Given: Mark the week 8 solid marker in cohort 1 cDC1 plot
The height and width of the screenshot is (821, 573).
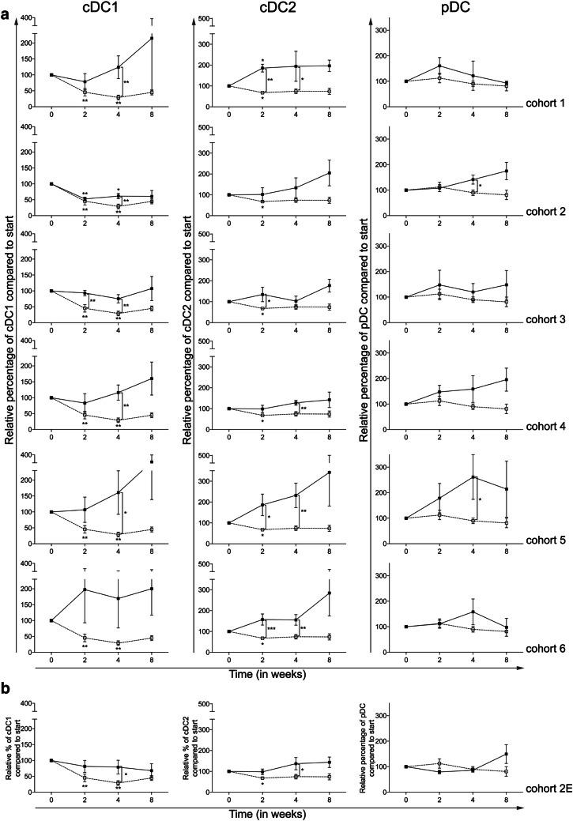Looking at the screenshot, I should tap(152, 38).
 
